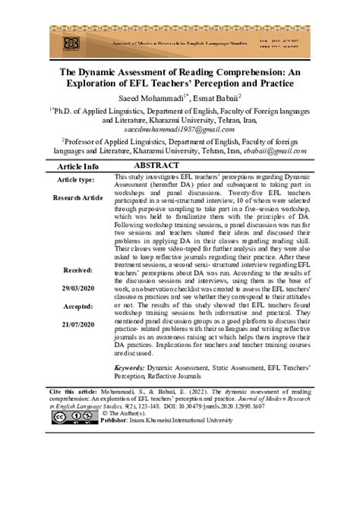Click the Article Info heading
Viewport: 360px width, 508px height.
(x=78, y=166)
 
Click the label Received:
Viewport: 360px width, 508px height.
(x=78, y=270)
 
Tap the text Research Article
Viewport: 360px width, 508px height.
(x=78, y=197)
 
